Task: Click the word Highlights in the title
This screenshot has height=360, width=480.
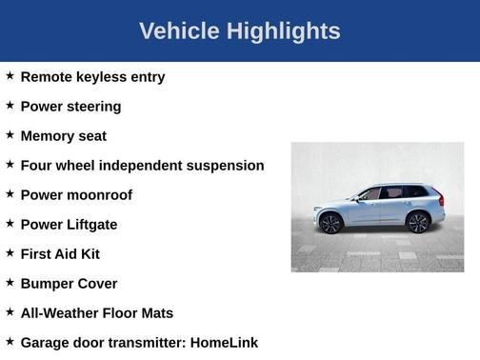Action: tap(283, 31)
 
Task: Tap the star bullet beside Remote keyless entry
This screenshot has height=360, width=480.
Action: tap(10, 76)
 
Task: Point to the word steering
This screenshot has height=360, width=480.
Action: tap(93, 107)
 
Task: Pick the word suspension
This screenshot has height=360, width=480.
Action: tap(222, 166)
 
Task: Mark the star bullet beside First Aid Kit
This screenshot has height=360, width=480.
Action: tap(10, 253)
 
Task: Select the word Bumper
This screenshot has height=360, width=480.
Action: tap(46, 284)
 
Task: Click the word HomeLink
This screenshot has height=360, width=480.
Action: tap(225, 343)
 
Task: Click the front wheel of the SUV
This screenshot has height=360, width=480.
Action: tap(330, 224)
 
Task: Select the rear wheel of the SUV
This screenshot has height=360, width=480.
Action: tap(417, 223)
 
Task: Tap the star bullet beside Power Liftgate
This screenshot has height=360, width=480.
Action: tap(10, 224)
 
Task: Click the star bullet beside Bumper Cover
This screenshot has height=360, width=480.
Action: tap(10, 283)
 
